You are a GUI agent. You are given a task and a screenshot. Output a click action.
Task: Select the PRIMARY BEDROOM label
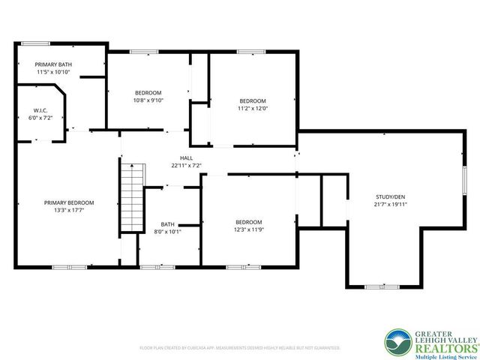pyautogui.click(x=69, y=202)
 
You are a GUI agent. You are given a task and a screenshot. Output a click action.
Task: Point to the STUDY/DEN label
pyautogui.click(x=391, y=196)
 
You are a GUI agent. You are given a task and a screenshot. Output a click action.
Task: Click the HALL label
pyautogui.click(x=186, y=157)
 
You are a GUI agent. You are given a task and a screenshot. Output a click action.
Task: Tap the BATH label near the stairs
pyautogui.click(x=167, y=223)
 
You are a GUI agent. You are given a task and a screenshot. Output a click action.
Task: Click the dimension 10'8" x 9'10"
pyautogui.click(x=148, y=100)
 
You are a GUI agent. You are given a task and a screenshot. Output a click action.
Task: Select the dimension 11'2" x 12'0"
pyautogui.click(x=253, y=109)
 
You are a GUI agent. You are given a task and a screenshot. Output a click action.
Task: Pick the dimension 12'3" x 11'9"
pyautogui.click(x=249, y=229)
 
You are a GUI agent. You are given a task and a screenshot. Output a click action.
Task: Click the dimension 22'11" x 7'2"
pyautogui.click(x=186, y=165)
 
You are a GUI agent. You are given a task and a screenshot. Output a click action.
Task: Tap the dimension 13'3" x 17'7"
pyautogui.click(x=69, y=210)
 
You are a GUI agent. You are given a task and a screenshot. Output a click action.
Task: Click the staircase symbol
pyautogui.click(x=131, y=199)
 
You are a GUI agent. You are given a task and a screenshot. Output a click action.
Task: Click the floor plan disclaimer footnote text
pyautogui.click(x=240, y=348)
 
